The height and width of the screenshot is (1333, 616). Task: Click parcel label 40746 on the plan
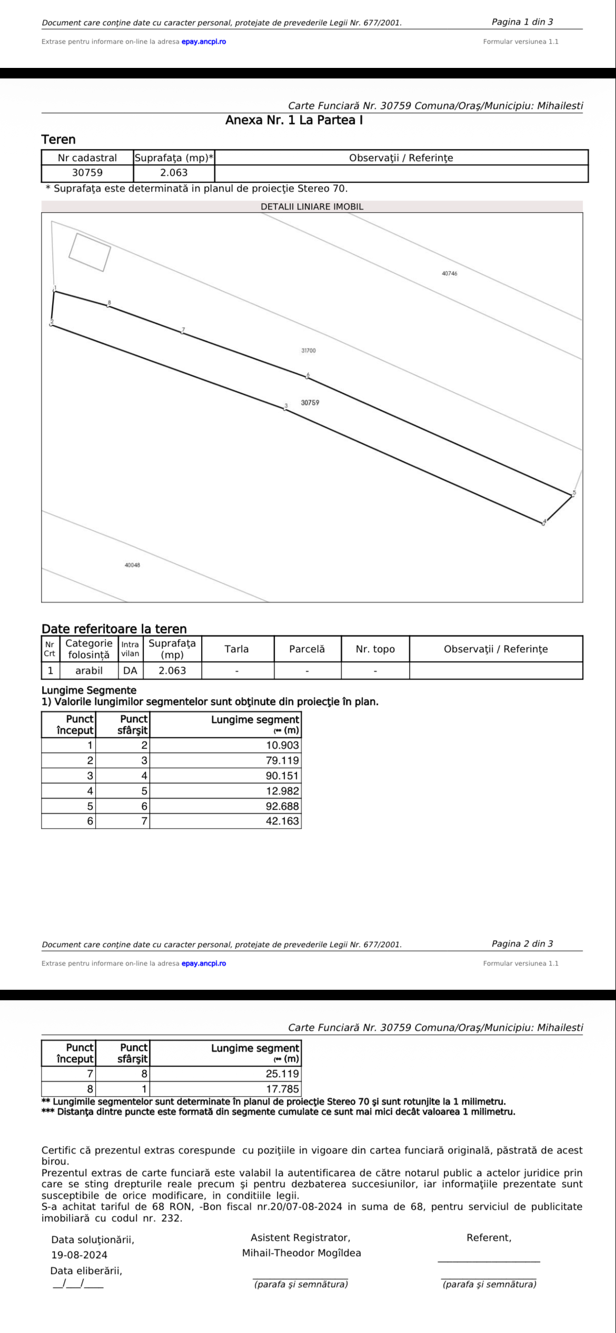449,274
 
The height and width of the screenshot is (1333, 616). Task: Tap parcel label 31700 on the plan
309,351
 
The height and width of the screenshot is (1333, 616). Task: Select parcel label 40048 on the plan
132,565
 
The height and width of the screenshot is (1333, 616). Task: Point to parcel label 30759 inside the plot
310,403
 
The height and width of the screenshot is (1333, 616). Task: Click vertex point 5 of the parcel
572,494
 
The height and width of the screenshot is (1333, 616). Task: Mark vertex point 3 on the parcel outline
285,408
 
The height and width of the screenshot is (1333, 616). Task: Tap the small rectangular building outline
90,252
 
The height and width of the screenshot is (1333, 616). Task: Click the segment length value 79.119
282,761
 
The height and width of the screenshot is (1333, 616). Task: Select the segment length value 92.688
282,806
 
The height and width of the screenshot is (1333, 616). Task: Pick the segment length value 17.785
282,1089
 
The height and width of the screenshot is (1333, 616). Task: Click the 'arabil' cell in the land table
89,671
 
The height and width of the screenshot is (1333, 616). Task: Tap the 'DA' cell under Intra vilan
130,671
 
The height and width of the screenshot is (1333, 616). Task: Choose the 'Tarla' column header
237,649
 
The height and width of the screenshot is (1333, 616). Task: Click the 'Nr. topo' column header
375,649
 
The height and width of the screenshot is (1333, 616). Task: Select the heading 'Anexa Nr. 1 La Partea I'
294,121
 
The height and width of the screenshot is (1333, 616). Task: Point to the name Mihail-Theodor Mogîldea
301,1253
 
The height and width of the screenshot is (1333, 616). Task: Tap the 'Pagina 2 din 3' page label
522,944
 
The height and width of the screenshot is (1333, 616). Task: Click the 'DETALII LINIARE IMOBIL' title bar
312,207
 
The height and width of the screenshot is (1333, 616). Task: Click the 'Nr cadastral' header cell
87,158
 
